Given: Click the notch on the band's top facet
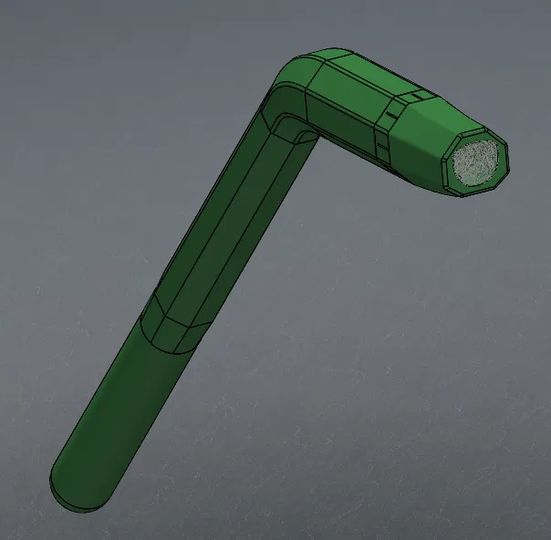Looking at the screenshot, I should pyautogui.click(x=415, y=95).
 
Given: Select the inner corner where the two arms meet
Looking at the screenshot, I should pyautogui.click(x=308, y=135).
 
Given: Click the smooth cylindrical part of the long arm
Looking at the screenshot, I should pyautogui.click(x=119, y=401).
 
